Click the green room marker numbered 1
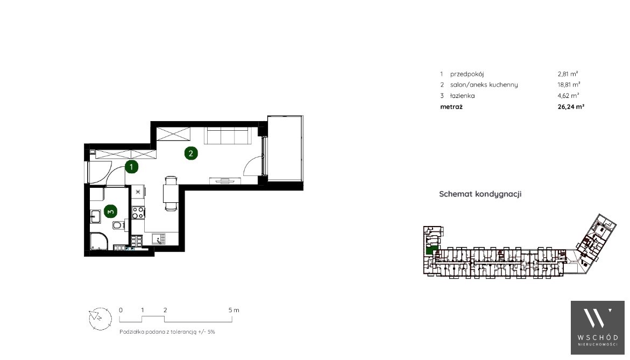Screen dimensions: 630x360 tap(131, 167)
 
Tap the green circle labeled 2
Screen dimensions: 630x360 tap(191, 153)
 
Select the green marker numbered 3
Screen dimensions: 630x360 tap(110, 211)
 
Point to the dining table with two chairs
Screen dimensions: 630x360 tap(171, 193)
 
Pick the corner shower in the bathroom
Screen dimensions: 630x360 tap(99, 241)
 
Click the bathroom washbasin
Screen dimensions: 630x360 tap(95, 217)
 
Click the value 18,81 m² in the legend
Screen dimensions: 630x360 tap(569, 85)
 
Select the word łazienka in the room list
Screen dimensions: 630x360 tap(463, 96)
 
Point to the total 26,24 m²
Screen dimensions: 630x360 tap(571, 107)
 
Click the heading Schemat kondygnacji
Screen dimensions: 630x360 tap(480, 194)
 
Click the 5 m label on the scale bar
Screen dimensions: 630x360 tap(234, 310)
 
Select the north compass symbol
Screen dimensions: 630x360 tap(100, 319)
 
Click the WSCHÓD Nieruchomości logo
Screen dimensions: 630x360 tap(598, 328)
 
